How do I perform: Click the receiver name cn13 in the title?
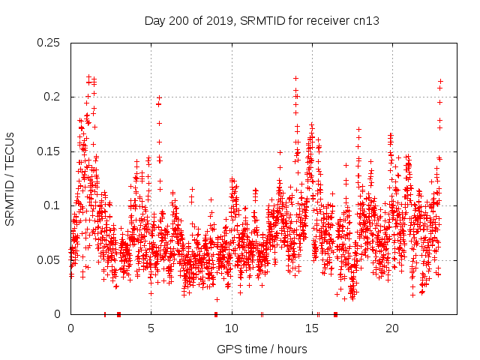coord(365,21)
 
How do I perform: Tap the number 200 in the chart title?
coord(182,21)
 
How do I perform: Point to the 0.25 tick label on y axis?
coord(49,43)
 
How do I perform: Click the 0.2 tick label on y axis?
coord(52,97)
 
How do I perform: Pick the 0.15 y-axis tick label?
coord(49,151)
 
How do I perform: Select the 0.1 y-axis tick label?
coord(52,205)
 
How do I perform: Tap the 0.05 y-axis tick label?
coord(49,259)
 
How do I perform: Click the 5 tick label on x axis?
coord(151,328)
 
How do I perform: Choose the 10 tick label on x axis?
coord(232,328)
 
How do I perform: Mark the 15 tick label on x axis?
coord(312,328)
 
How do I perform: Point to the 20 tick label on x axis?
coord(392,328)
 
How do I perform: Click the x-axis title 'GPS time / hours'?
coord(262,349)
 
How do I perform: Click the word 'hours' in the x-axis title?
coord(291,349)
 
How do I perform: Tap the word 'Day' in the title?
coord(155,21)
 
